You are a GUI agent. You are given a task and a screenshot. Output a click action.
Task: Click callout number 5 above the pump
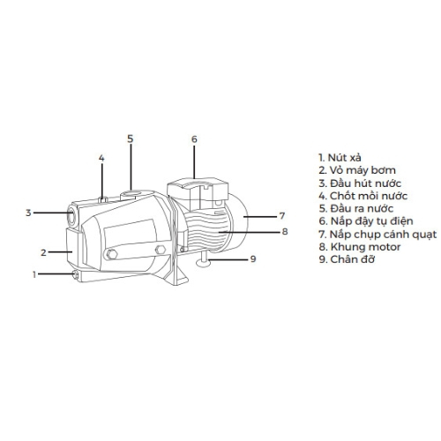pyautogui.click(x=131, y=138)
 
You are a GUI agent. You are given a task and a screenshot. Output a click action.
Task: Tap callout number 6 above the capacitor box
pyautogui.click(x=194, y=139)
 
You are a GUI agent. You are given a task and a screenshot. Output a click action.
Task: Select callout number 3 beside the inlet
pyautogui.click(x=28, y=213)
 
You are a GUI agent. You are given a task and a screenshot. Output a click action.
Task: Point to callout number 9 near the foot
pyautogui.click(x=253, y=259)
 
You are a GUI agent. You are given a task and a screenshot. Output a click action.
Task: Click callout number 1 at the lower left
pyautogui.click(x=34, y=274)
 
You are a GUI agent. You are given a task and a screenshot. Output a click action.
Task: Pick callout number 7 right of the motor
pyautogui.click(x=282, y=216)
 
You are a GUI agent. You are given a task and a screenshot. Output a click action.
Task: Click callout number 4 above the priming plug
pyautogui.click(x=101, y=158)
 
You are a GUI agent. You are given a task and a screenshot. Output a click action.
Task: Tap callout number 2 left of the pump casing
pyautogui.click(x=43, y=252)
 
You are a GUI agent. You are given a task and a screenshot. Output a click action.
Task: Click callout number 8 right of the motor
pyautogui.click(x=285, y=231)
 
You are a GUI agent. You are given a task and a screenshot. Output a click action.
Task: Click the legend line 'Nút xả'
pyautogui.click(x=340, y=158)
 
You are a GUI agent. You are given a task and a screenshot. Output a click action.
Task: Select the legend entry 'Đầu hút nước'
pyautogui.click(x=360, y=183)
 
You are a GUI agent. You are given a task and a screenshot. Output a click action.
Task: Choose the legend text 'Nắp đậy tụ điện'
pyautogui.click(x=366, y=221)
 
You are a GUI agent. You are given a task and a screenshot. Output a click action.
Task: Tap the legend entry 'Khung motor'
pyautogui.click(x=360, y=247)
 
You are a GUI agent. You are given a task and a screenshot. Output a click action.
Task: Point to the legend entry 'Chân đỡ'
pyautogui.click(x=347, y=259)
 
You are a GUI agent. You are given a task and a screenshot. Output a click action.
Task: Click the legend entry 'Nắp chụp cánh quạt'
pyautogui.click(x=377, y=235)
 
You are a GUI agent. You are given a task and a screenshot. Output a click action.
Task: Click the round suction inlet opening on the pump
pyautogui.click(x=72, y=217)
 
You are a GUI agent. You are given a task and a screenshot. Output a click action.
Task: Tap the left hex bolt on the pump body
pyautogui.click(x=112, y=254)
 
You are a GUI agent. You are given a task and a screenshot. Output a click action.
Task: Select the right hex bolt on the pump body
pyautogui.click(x=161, y=250)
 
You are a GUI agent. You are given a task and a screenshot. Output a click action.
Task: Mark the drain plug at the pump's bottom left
pyautogui.click(x=76, y=275)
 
